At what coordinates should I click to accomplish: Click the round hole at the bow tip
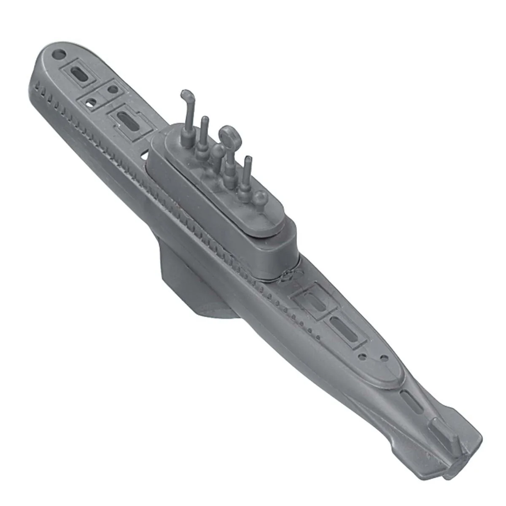(x=60, y=54)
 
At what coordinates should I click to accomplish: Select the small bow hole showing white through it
(x=90, y=101)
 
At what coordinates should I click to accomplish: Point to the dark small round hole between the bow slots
(x=112, y=90)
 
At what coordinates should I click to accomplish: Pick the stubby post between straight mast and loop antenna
(x=217, y=154)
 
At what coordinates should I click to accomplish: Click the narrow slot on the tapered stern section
(x=409, y=400)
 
